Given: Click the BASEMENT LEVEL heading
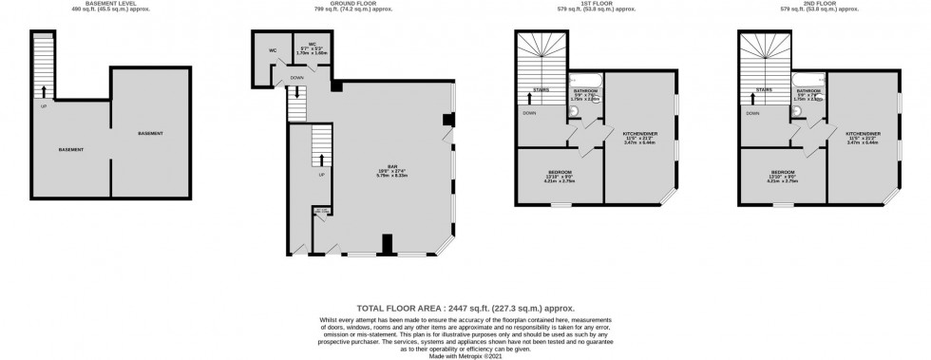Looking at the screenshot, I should pos(115,4).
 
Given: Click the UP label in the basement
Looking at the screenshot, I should pos(43,105).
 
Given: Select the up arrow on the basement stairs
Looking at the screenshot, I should pos(43,90).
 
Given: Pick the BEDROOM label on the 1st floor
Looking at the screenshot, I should pos(560,174).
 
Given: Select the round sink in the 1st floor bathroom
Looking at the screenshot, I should pos(573,110).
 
